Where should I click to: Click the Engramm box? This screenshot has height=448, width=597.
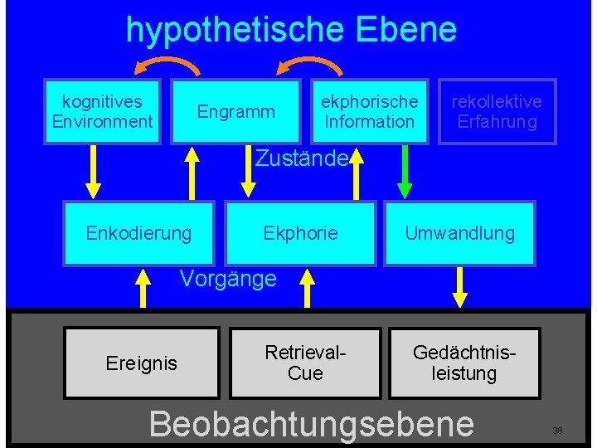pos(235,111)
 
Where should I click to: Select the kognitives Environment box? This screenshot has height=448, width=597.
pos(102,111)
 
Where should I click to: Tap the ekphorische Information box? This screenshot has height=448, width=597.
pos(369,111)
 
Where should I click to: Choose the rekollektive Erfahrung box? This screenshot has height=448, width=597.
pos(496,111)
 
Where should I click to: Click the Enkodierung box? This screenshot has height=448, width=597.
pos(138,233)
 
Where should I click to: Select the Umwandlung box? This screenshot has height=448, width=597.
pos(459,233)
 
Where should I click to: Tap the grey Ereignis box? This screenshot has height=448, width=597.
pos(141,363)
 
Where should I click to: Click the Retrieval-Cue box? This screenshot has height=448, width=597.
pos(304,363)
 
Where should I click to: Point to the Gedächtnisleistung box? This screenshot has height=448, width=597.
pos(464,363)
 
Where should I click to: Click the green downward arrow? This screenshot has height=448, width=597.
pos(405,173)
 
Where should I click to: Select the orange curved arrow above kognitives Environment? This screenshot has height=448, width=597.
pos(167,66)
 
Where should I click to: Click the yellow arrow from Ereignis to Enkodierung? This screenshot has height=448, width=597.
pos(143,287)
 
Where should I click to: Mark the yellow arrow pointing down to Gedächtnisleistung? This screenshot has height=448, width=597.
pos(459,287)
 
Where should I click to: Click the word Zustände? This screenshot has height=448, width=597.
pos(300,158)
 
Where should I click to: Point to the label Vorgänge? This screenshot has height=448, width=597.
pos(228,279)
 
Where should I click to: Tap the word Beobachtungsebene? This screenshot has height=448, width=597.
pos(311,423)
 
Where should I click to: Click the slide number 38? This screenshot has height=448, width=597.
pos(557,431)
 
